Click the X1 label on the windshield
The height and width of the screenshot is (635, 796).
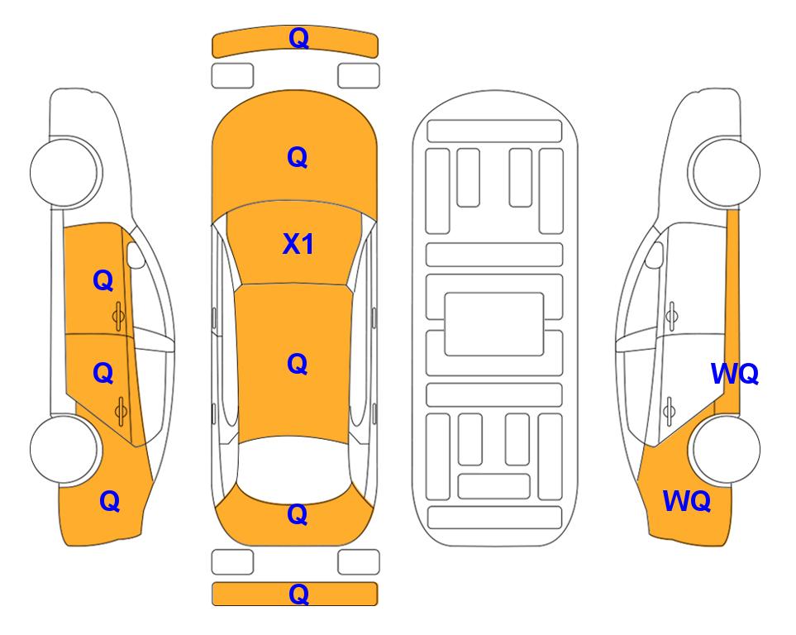pos(298,244)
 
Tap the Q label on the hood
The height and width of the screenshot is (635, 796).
pos(298,157)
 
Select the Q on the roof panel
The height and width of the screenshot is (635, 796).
pos(298,365)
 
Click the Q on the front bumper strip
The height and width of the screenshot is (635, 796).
pos(298,39)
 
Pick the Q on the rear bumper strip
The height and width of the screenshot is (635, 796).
pos(298,594)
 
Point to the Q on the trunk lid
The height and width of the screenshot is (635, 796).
pos(298,514)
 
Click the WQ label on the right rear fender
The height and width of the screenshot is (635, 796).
pos(686,501)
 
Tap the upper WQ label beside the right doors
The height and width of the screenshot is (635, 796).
pos(735,374)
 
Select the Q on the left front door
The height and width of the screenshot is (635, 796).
pos(103,280)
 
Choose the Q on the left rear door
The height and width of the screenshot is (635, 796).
pos(103,374)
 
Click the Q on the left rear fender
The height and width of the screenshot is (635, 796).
pos(110,501)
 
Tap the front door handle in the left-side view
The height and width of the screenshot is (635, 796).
pos(118,316)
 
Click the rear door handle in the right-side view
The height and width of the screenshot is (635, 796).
pos(670,412)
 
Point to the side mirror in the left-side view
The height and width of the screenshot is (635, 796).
pos(135,255)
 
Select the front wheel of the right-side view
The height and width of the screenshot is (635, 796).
pos(724,173)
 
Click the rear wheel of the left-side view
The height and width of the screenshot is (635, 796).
pos(64,450)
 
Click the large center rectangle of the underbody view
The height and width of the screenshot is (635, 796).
pos(494,324)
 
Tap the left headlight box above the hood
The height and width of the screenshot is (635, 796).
pos(232,76)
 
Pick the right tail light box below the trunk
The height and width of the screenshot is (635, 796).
pos(359,562)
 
